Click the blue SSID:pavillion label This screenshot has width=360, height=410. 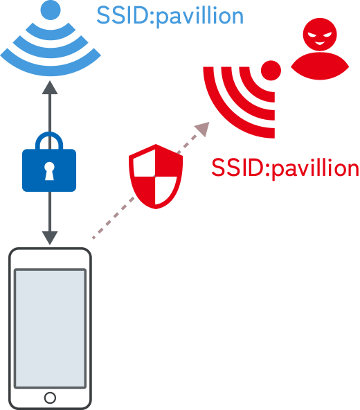170,16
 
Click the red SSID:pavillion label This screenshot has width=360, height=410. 285,168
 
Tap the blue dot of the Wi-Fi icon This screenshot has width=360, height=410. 51,10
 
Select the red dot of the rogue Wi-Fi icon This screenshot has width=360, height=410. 271,71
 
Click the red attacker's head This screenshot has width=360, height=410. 320,34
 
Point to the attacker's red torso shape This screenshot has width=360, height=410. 320,66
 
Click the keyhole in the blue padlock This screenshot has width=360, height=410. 49,171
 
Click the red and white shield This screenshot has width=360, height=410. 156,176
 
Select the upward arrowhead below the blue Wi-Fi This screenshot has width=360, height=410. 50,87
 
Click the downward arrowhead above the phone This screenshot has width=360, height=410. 50,238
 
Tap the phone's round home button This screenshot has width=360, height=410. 50,398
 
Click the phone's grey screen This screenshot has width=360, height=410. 50,328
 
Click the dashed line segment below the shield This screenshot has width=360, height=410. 113,218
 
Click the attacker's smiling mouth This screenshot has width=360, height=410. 320,43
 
